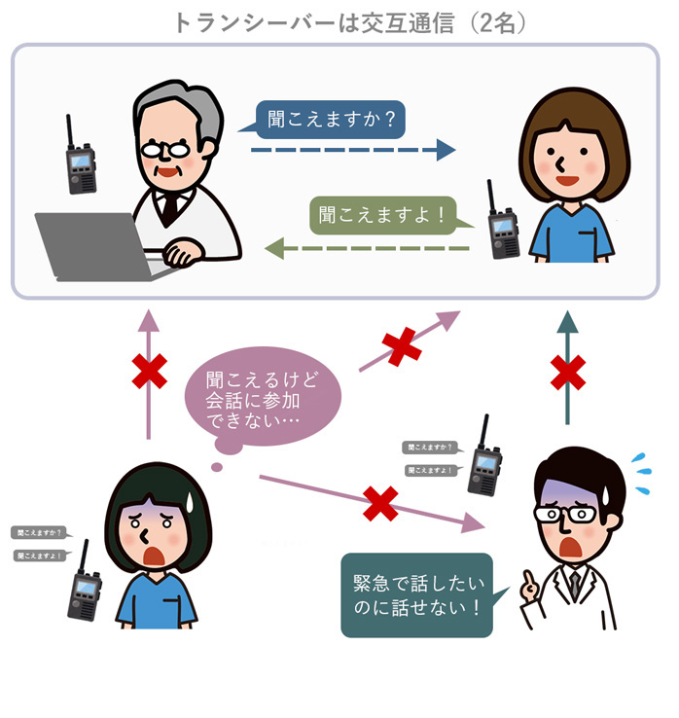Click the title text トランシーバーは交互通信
tap(311, 21)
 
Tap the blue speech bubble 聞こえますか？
tap(323, 120)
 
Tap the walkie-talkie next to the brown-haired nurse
tap(503, 225)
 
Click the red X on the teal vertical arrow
tap(568, 372)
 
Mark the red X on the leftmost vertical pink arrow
tap(149, 370)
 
